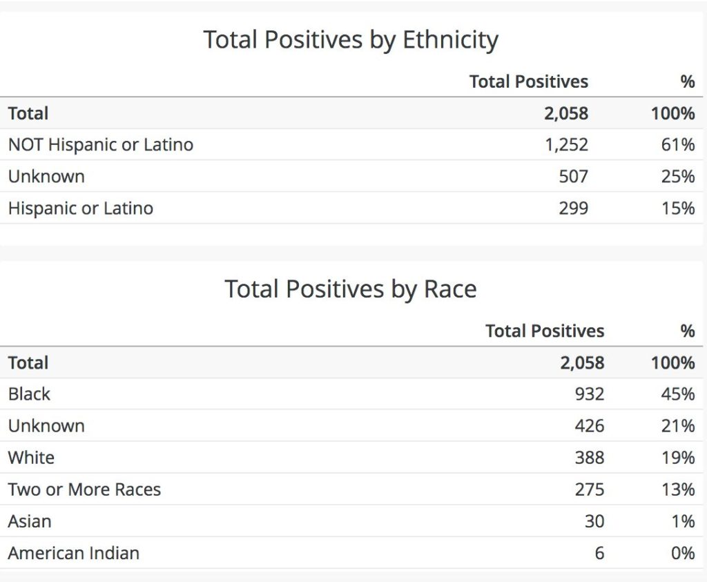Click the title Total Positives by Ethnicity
351,40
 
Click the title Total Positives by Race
351,289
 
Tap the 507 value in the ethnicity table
573,177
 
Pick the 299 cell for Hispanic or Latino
573,208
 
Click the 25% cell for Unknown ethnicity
677,177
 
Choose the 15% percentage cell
677,208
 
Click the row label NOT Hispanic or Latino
101,145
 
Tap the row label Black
29,394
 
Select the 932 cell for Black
589,394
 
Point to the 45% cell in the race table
677,394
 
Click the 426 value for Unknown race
589,426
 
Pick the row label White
31,458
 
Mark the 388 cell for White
589,458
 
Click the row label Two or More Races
84,489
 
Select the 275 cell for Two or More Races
589,489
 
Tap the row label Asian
30,521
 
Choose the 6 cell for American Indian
599,553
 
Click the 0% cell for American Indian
682,553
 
